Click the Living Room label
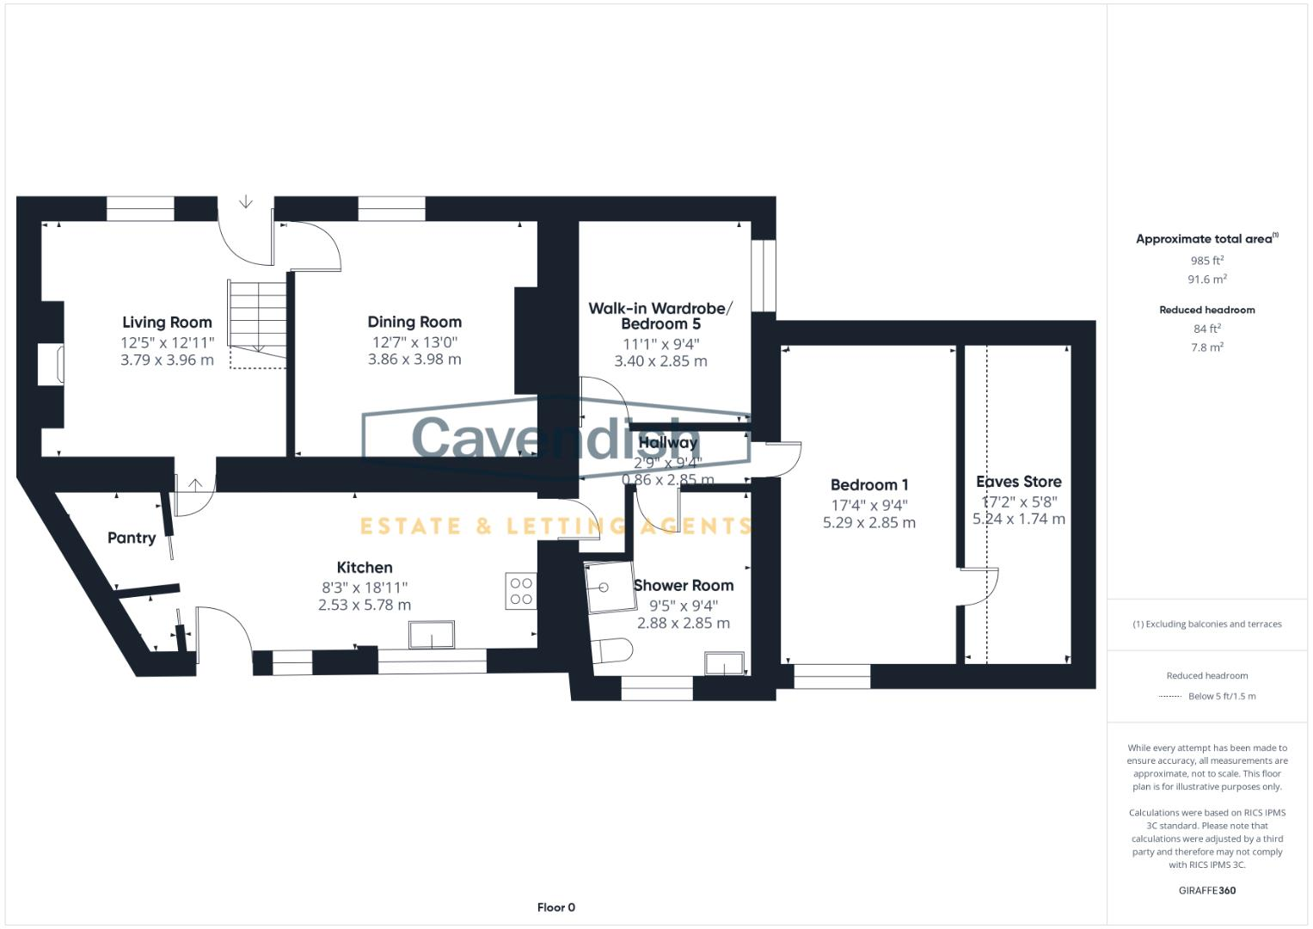tap(167, 323)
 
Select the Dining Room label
tap(414, 323)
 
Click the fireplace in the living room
tap(51, 363)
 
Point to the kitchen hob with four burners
tap(521, 591)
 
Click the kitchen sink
tap(433, 636)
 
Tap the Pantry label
tap(132, 538)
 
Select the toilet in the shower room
tap(610, 651)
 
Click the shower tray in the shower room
tap(610, 588)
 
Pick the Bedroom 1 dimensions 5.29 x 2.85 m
tap(868, 523)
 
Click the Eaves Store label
tap(1018, 482)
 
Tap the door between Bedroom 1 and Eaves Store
tap(979, 587)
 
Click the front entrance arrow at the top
tap(246, 203)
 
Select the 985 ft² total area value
tap(1206, 261)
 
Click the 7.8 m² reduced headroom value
tap(1206, 348)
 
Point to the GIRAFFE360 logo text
tap(1206, 890)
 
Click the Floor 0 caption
tap(555, 907)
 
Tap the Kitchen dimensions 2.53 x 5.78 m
tap(365, 606)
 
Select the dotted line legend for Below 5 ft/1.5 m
tap(1170, 697)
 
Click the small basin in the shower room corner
tap(724, 663)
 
